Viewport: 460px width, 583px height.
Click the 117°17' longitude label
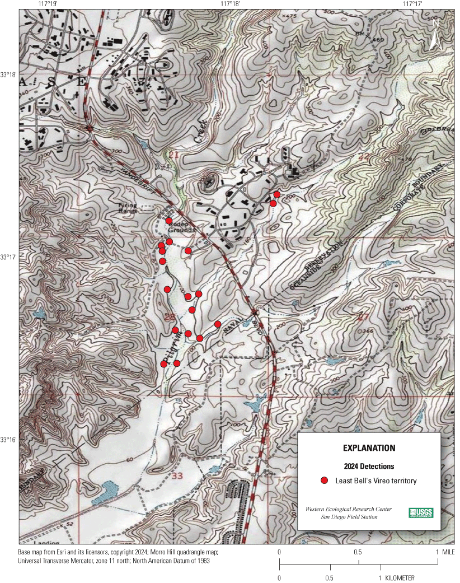[x=412, y=4]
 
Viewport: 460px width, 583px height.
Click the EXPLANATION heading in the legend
[x=369, y=448]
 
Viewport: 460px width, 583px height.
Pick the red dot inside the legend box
[x=323, y=481]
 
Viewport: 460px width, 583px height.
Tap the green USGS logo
[x=420, y=512]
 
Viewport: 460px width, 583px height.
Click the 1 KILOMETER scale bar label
[x=398, y=577]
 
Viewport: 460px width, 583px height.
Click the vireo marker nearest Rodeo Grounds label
[x=168, y=221]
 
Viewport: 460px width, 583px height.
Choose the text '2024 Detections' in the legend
[x=369, y=466]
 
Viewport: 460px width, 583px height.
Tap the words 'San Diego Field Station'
[x=349, y=517]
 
